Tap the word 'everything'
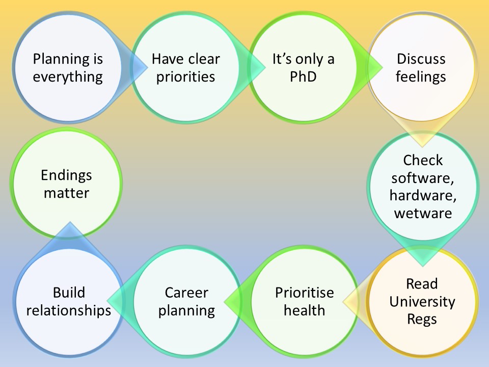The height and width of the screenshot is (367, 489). coord(67,77)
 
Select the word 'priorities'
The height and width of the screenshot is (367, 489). coord(185,77)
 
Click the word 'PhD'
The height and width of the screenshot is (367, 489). coord(303,77)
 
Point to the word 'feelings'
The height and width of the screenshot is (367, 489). coord(421,77)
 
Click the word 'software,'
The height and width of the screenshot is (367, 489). coord(423,178)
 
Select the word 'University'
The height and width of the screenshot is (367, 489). coord(422,301)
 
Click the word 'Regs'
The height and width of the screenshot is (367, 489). coord(422,319)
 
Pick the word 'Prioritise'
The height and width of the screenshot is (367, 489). coord(304,293)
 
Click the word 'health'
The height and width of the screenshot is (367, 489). coord(304,310)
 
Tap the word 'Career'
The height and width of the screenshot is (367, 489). coord(186,293)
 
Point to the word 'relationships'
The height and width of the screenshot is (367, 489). coord(69,310)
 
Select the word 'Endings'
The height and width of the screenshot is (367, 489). coord(67,175)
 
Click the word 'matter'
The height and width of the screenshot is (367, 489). coord(67,193)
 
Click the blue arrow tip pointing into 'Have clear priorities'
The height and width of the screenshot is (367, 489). coord(145,64)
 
